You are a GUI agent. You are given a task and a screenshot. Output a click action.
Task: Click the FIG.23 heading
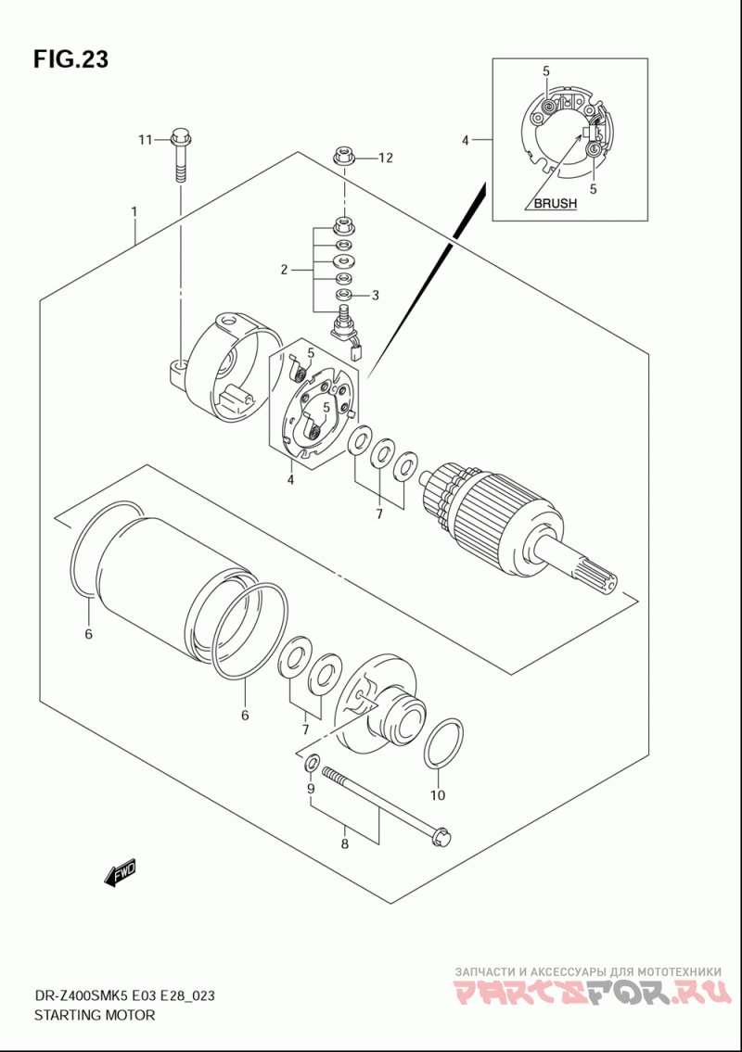70,59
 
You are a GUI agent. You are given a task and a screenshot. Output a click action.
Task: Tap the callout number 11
146,140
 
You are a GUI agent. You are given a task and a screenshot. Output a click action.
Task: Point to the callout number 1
134,211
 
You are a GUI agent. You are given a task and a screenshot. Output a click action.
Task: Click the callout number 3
376,295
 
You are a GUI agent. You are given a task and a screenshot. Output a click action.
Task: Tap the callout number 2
284,270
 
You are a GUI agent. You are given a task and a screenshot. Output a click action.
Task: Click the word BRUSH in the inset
556,203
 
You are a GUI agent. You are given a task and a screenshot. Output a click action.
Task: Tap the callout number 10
437,795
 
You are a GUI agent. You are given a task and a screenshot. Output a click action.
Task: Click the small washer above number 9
312,763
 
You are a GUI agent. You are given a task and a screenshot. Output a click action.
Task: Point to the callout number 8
344,843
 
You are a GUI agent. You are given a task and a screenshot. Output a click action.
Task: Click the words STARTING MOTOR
94,1014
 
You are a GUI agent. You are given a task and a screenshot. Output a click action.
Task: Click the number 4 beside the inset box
465,140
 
